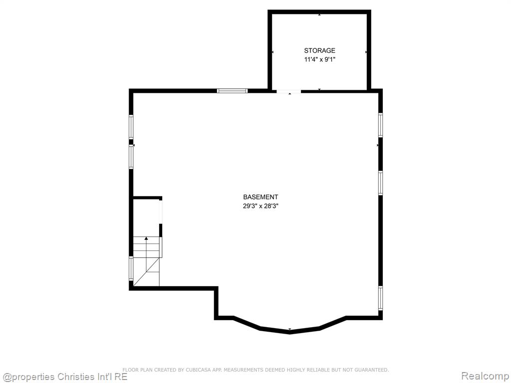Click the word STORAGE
pos(319,50)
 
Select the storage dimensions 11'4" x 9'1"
pos(319,60)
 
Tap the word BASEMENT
pos(260,197)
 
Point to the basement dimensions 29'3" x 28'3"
pos(260,206)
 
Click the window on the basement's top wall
pos(232,91)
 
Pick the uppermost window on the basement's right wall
pos(380,125)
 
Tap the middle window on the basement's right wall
pos(380,183)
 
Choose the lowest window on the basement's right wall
pos(380,298)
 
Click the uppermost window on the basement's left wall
pos(131,127)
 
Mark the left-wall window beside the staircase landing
pos(131,269)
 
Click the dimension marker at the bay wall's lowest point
pos(290,329)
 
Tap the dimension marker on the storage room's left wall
pos(272,52)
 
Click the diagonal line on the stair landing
pos(146,272)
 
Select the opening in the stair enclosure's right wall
pos(161,212)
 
